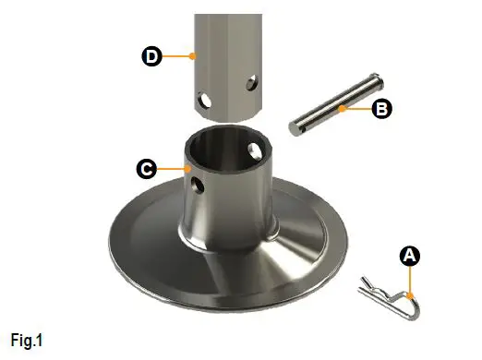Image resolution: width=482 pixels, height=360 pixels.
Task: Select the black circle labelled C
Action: [145, 169]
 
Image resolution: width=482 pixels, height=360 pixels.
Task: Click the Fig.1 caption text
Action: [27, 341]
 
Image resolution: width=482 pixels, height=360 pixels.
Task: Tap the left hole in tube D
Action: [203, 97]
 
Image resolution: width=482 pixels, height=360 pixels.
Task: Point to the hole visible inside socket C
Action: [255, 149]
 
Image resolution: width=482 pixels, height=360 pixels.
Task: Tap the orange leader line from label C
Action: [171, 169]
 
